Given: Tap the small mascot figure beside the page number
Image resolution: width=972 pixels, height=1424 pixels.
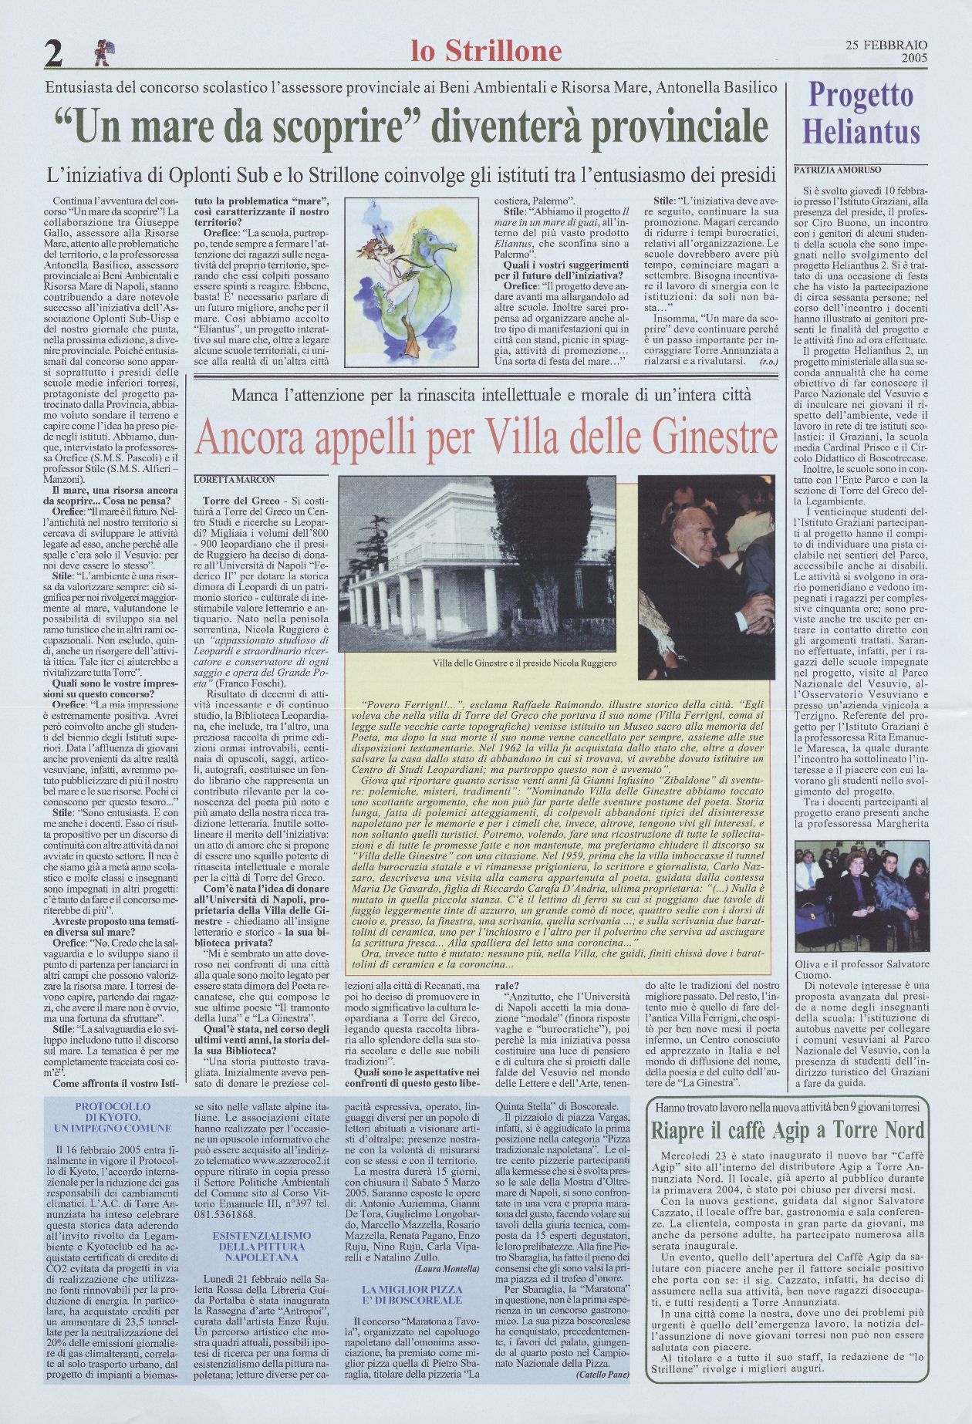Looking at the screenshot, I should click(x=102, y=52).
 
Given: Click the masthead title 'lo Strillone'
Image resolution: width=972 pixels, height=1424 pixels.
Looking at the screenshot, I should click(x=486, y=51).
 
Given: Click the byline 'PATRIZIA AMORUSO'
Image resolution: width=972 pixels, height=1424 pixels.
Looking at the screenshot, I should click(x=837, y=170).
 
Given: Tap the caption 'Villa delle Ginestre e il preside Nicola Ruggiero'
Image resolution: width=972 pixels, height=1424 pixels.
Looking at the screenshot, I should click(x=525, y=663).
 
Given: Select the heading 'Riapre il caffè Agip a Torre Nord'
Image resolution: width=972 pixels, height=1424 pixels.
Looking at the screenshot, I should click(x=787, y=1131).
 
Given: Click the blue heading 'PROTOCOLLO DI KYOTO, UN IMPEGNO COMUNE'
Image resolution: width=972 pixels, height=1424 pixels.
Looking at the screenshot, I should click(x=113, y=1117).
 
